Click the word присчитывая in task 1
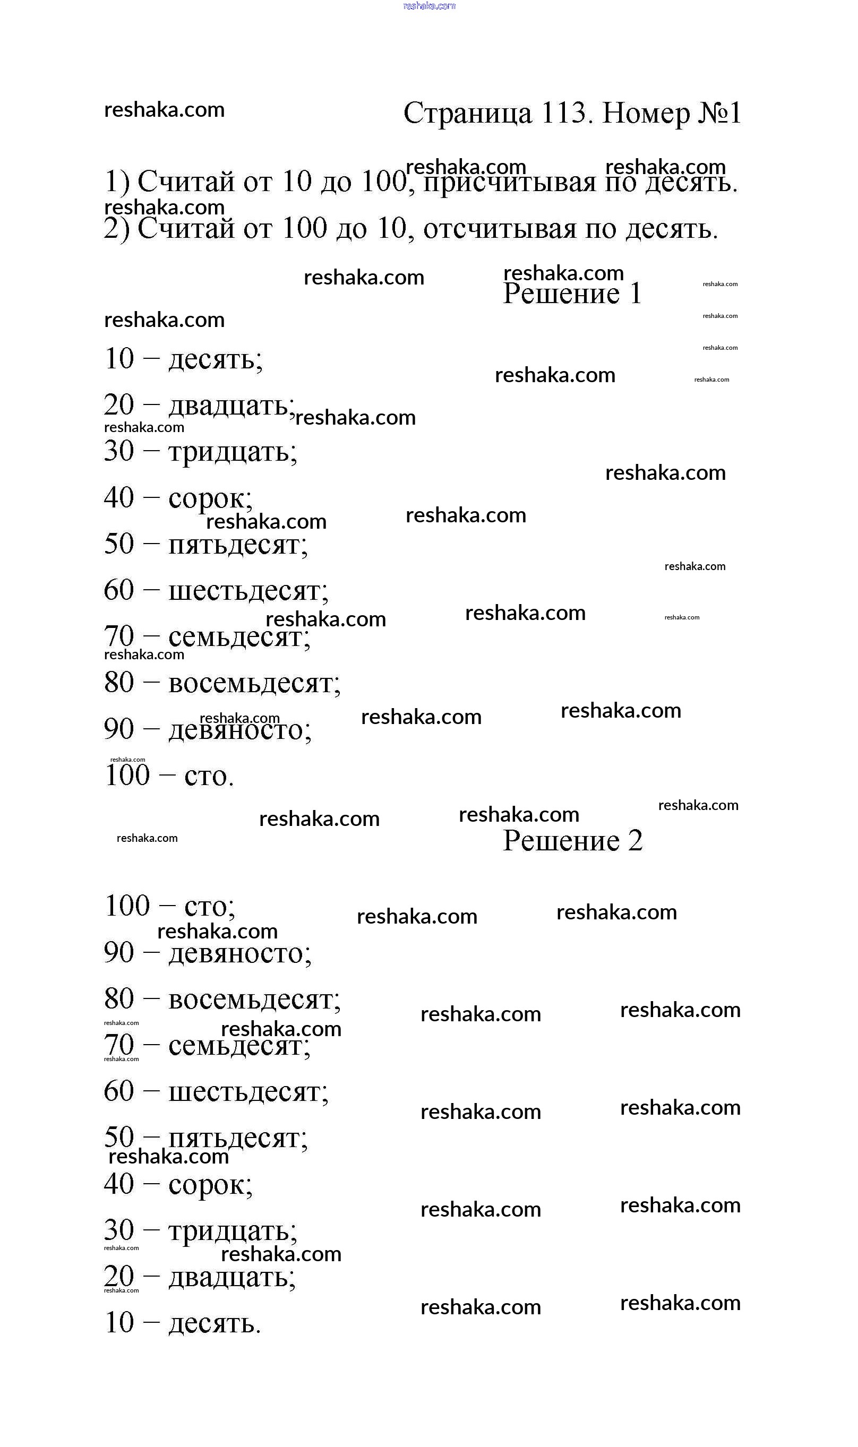pos(509,183)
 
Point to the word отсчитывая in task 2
pos(500,229)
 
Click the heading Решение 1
pos(572,294)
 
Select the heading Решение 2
pos(572,841)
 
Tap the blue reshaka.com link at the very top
pos(429,6)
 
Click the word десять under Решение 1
pos(214,359)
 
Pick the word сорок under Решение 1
pos(209,498)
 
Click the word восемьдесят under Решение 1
pos(254,683)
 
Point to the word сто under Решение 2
pos(209,906)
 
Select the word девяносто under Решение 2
pos(239,952)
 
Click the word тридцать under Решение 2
pos(232,1230)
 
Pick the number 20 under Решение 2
pos(119,1276)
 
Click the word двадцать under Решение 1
pos(230,406)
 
